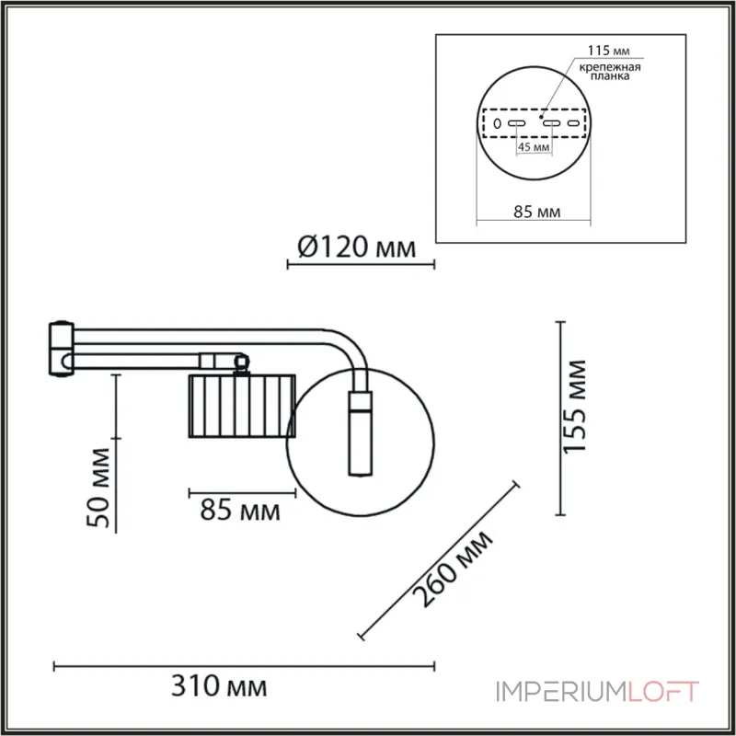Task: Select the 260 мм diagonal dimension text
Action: click(x=452, y=570)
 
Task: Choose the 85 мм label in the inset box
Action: click(x=536, y=213)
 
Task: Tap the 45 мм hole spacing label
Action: click(x=534, y=147)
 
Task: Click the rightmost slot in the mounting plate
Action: click(x=576, y=123)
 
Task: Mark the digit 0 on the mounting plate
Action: click(x=496, y=123)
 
